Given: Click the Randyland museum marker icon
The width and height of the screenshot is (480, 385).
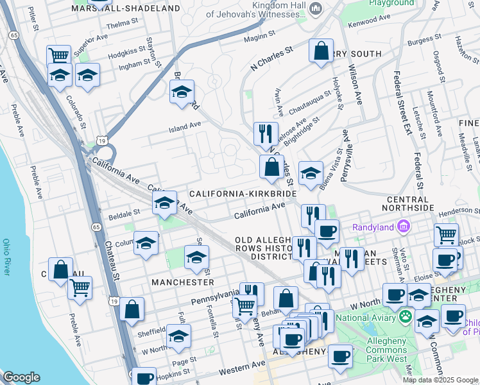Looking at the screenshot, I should [404, 226].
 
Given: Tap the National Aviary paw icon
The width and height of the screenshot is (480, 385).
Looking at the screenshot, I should [405, 316].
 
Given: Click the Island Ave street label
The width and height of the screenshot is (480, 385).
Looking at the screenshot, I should [185, 126].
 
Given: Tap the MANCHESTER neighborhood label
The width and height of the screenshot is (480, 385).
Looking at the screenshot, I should [182, 282].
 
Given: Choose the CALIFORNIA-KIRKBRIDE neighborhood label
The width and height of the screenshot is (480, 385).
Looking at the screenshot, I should [242, 193].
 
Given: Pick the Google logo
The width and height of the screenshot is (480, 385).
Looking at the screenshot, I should [22, 377].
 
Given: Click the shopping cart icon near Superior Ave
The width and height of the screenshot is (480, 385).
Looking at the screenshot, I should [59, 56].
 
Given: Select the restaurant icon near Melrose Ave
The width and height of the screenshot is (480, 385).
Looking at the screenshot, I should [265, 133].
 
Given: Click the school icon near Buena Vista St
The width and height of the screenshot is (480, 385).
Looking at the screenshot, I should [311, 173].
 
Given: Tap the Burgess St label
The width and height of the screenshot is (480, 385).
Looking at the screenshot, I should [421, 40].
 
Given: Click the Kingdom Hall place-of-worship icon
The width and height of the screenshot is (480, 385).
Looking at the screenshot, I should [315, 8].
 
